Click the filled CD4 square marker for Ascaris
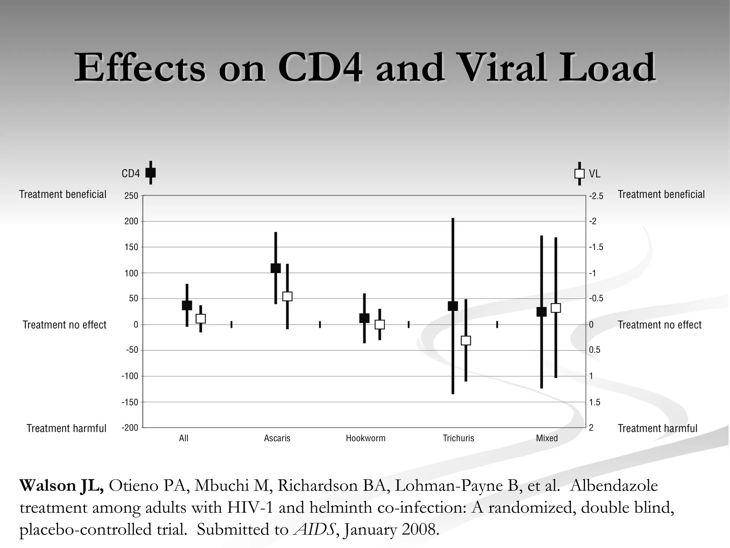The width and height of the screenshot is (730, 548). pyautogui.click(x=276, y=268)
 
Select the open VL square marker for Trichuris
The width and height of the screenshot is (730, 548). pyautogui.click(x=466, y=340)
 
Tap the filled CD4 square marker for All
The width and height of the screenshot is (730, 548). pyautogui.click(x=187, y=305)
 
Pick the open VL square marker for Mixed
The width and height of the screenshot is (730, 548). pyautogui.click(x=556, y=308)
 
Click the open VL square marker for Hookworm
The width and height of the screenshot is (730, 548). pyautogui.click(x=380, y=324)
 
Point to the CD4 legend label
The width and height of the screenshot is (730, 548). pyautogui.click(x=131, y=174)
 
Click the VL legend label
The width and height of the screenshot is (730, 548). pyautogui.click(x=595, y=174)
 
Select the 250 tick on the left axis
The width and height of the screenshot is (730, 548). pyautogui.click(x=131, y=196)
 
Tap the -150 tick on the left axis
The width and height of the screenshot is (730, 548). pyautogui.click(x=130, y=402)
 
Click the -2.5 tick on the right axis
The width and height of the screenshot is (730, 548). pyautogui.click(x=596, y=196)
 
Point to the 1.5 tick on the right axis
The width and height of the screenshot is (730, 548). pyautogui.click(x=595, y=402)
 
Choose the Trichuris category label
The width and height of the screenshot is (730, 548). pyautogui.click(x=458, y=438)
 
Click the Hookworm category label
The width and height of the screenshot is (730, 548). pyautogui.click(x=366, y=438)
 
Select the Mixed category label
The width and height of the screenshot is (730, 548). pyautogui.click(x=547, y=438)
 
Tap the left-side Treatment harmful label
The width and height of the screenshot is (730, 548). pyautogui.click(x=66, y=428)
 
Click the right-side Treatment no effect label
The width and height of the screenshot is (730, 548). pyautogui.click(x=659, y=325)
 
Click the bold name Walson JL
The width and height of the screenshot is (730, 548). pyautogui.click(x=61, y=486)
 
